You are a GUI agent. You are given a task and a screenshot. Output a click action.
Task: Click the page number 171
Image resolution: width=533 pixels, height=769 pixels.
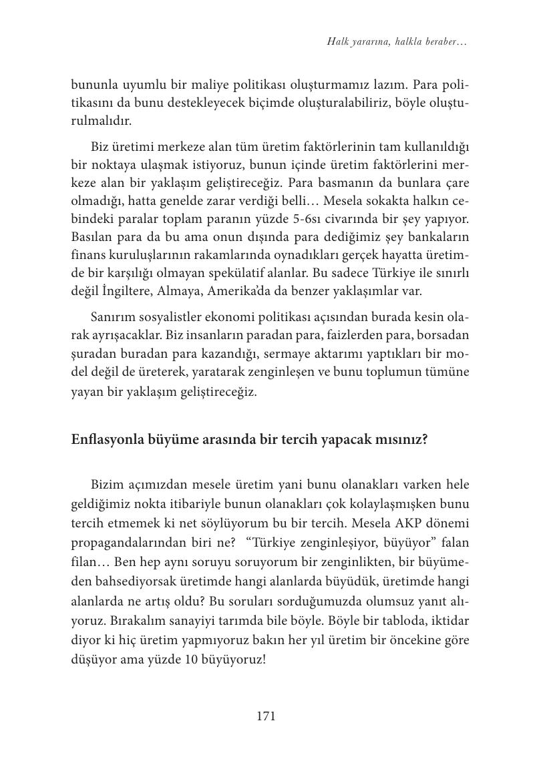coord(266,716)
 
